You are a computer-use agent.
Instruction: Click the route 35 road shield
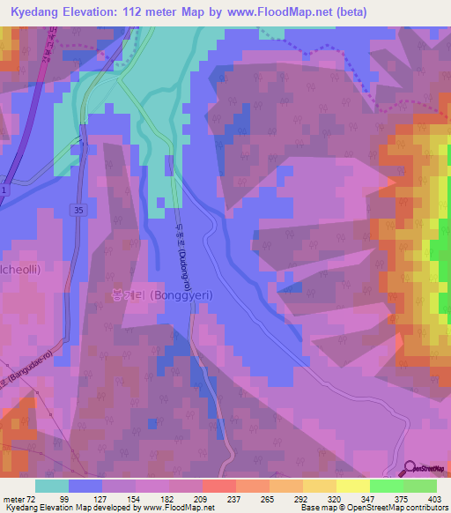coord(78,210)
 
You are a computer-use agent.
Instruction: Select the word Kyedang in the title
coord(38,11)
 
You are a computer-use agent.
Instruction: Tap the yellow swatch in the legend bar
coord(352,486)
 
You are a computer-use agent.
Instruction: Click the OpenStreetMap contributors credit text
coord(396,508)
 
